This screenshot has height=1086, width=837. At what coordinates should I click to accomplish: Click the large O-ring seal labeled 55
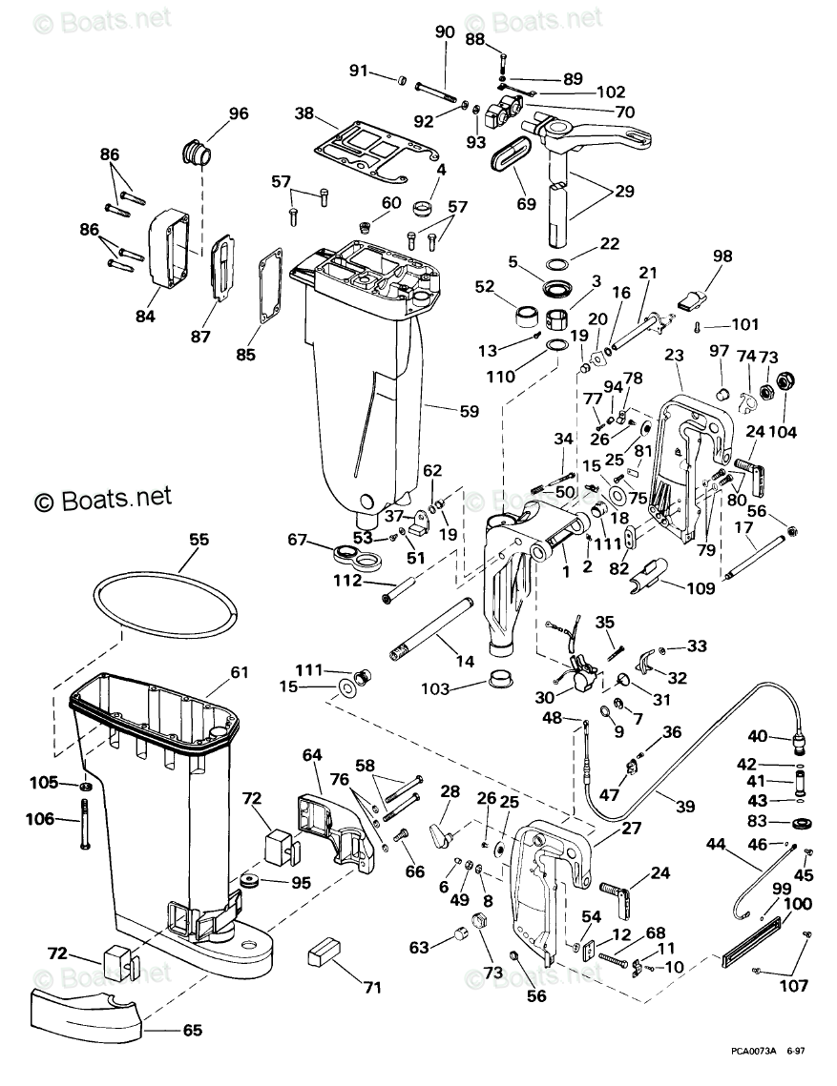point(166,571)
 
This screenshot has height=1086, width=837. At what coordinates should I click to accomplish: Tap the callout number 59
point(469,411)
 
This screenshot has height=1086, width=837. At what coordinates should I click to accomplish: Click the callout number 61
point(240,671)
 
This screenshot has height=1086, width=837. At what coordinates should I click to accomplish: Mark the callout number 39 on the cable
point(685,806)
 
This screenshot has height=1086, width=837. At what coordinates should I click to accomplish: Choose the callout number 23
point(674,355)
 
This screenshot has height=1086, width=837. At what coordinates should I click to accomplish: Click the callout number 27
point(632,827)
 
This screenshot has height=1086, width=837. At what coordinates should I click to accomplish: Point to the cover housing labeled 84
point(173,246)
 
